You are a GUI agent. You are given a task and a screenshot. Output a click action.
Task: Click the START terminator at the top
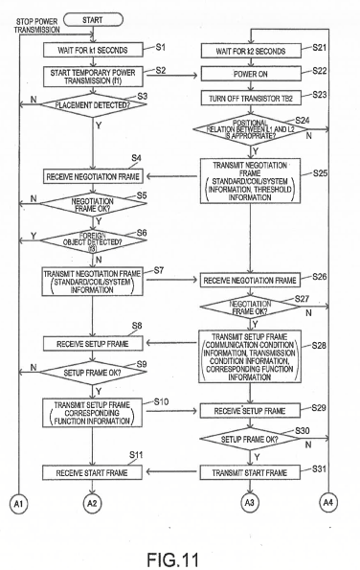click(93, 19)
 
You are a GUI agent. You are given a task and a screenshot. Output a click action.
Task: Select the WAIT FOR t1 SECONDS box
click(93, 50)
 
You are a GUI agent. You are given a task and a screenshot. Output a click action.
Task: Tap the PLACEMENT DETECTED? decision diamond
click(93, 104)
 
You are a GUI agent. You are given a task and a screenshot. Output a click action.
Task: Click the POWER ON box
click(251, 74)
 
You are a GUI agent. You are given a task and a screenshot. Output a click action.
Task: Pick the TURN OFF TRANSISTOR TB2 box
click(251, 98)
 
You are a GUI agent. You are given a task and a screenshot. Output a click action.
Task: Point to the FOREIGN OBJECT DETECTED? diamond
click(93, 241)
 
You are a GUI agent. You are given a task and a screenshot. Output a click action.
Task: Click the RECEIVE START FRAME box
click(92, 473)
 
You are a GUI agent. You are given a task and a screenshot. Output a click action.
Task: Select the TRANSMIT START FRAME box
click(250, 472)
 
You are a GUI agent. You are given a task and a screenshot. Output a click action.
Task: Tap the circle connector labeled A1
click(18, 504)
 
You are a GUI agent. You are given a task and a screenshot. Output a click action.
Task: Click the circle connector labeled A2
click(92, 503)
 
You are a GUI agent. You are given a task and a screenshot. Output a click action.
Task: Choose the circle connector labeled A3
click(250, 503)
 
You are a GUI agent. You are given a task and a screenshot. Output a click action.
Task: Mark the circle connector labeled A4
click(328, 502)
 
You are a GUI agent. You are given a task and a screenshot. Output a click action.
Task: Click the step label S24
click(303, 121)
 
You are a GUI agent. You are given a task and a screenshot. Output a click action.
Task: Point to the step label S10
click(161, 401)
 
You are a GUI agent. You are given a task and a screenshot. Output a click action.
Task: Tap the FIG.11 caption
click(173, 559)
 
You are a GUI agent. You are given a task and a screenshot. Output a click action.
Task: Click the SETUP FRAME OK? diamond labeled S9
click(93, 373)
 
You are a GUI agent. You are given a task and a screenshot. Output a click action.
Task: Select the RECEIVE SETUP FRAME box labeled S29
click(250, 411)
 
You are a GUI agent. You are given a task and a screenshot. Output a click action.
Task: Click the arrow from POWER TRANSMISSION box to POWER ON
click(171, 76)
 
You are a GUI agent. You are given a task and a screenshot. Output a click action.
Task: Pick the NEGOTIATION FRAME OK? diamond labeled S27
click(250, 308)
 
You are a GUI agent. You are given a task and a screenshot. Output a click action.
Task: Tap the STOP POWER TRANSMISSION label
click(37, 26)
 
